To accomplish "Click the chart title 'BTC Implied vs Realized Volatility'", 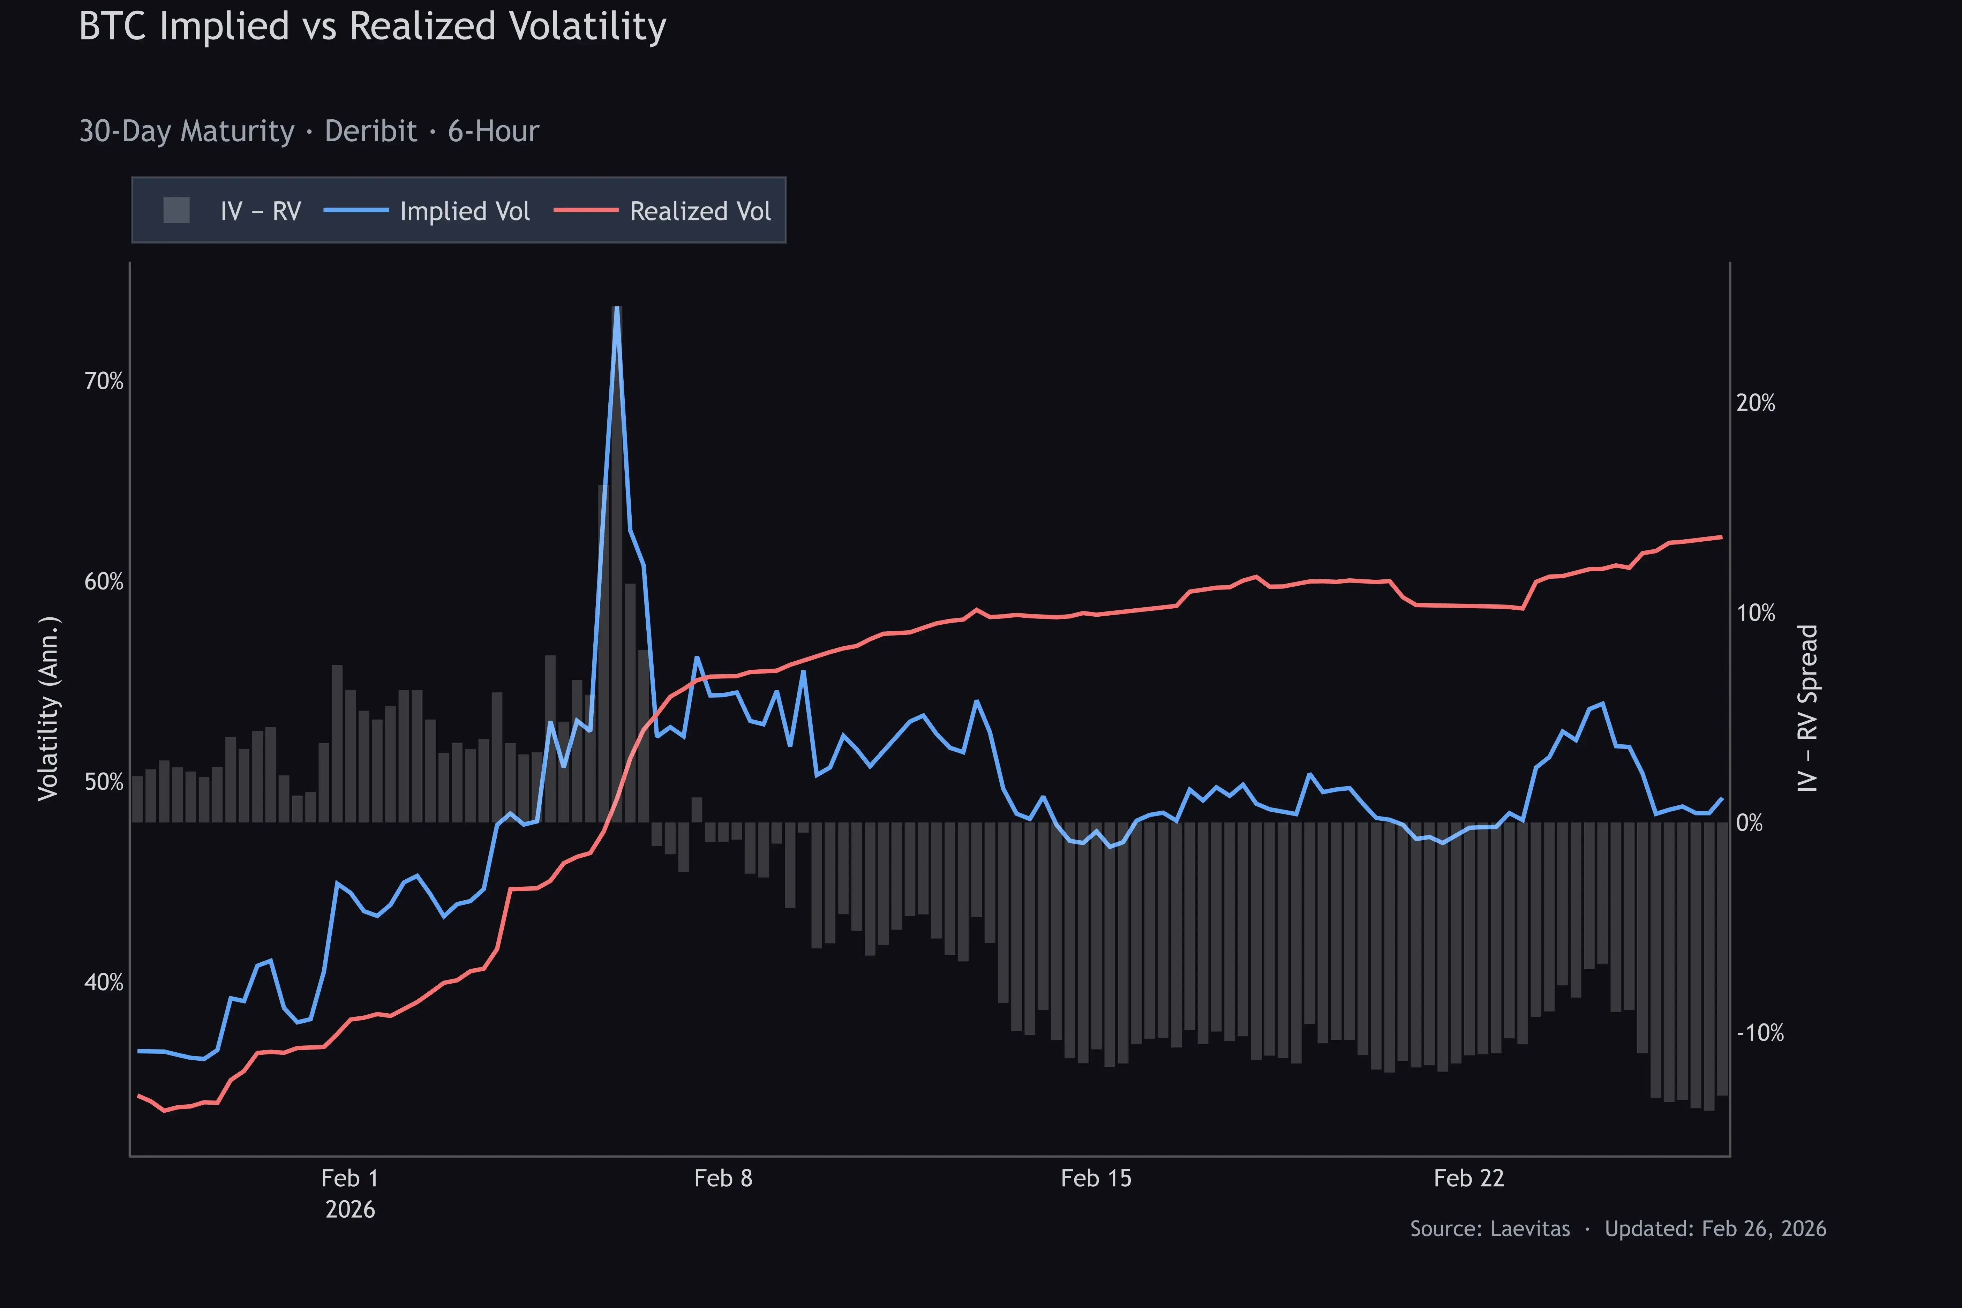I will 372,27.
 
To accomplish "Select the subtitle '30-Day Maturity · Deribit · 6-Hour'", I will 309,132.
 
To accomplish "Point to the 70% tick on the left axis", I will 104,382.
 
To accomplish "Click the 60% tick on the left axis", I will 104,582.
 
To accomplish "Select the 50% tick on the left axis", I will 104,782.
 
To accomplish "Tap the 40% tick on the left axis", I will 104,983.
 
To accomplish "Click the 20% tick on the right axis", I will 1755,404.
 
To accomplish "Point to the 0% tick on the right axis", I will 1749,823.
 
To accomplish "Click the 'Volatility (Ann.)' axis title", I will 48,709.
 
